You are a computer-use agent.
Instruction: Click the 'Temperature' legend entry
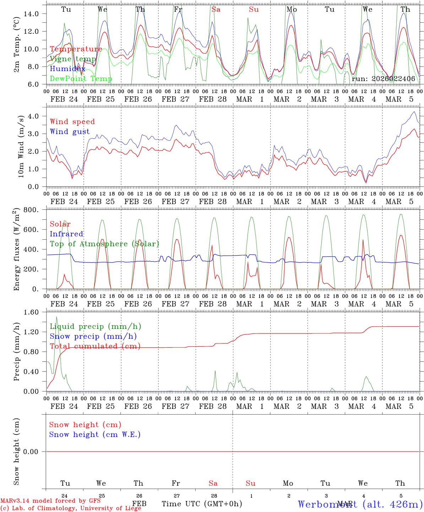coord(76,49)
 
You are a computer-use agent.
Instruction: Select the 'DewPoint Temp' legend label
coord(81,79)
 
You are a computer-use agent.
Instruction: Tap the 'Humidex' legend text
coord(67,69)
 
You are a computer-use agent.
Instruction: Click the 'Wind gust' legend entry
coord(70,132)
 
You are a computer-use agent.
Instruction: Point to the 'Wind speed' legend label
coord(72,122)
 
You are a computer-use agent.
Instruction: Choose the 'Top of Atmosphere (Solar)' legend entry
coord(104,244)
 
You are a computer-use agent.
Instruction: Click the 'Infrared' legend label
coord(66,234)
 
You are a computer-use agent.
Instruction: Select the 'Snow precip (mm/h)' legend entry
coord(93,336)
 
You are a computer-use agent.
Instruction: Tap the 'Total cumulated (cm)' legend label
coord(95,346)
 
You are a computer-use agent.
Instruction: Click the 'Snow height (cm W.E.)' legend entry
coord(95,434)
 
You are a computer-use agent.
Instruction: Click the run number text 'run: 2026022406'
coord(383,79)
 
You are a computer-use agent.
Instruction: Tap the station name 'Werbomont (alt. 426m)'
coord(360,504)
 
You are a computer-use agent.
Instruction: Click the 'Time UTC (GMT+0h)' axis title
coord(202,504)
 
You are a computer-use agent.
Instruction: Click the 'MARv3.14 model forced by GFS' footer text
coord(50,501)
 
